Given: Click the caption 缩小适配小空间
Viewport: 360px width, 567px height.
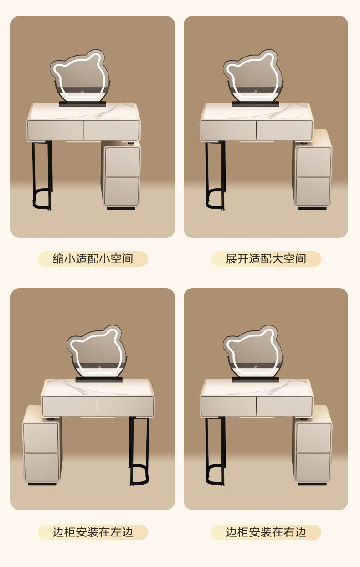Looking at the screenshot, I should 93,259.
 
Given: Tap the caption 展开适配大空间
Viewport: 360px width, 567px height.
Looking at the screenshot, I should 266,259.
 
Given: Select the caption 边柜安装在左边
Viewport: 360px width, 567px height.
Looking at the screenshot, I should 93,532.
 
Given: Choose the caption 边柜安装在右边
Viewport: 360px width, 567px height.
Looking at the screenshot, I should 266,532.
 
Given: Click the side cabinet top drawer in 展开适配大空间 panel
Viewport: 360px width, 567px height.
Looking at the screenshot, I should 313,161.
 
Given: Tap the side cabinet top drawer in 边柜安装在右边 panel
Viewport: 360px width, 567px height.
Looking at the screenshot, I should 313,438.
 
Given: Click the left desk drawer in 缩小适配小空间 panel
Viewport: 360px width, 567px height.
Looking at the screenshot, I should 55,130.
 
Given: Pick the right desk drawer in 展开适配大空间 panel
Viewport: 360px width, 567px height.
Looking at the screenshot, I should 284,130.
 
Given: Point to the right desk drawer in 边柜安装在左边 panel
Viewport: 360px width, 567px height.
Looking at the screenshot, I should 126,406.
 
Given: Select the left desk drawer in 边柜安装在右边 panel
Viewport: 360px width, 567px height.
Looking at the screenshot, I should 228,406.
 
